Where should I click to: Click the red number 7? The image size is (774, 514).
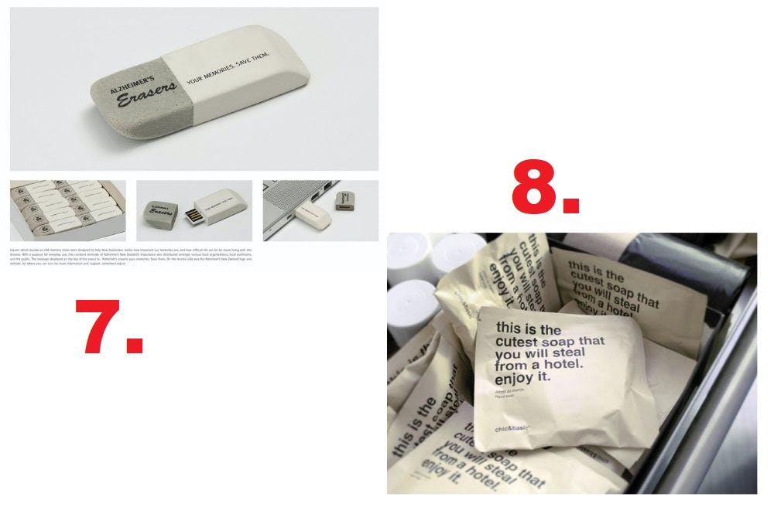(108, 327)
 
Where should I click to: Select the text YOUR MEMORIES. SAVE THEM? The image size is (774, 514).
(228, 70)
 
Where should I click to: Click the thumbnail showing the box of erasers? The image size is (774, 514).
(67, 210)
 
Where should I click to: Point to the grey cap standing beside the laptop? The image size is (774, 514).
(344, 201)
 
